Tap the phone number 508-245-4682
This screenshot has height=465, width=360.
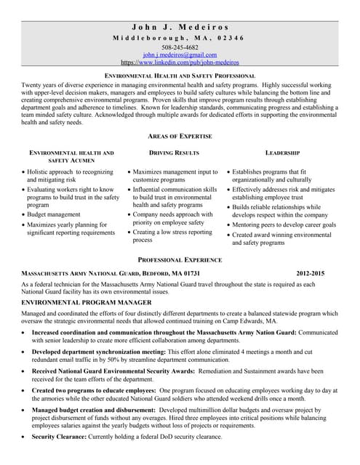(x=180, y=47)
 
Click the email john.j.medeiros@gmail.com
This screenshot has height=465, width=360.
(x=180, y=55)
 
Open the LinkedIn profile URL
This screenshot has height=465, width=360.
(x=180, y=62)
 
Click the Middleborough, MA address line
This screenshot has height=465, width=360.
(x=180, y=38)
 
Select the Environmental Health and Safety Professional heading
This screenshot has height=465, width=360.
(x=180, y=76)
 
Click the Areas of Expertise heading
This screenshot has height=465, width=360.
(x=180, y=136)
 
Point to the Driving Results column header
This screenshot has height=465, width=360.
(x=174, y=153)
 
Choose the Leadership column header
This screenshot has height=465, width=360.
(x=282, y=153)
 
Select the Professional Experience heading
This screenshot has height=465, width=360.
(x=180, y=259)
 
